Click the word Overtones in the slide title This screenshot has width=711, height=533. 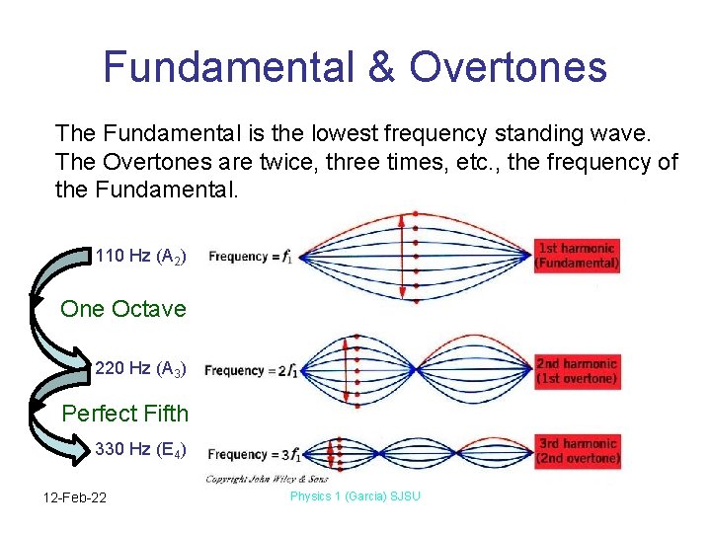pyautogui.click(x=509, y=66)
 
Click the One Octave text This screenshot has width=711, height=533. pyautogui.click(x=123, y=309)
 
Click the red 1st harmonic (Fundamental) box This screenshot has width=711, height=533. pyautogui.click(x=577, y=256)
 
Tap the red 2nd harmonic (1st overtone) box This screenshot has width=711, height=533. pyautogui.click(x=577, y=370)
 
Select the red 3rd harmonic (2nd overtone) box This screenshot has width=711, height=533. pyautogui.click(x=577, y=451)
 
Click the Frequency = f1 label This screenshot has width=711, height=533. pyautogui.click(x=251, y=257)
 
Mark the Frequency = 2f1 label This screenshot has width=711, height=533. pyautogui.click(x=248, y=371)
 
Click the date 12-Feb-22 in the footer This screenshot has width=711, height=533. pyautogui.click(x=75, y=496)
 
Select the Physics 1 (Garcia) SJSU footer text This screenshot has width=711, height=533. pyautogui.click(x=355, y=495)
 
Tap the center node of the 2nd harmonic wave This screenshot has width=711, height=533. pyautogui.click(x=419, y=370)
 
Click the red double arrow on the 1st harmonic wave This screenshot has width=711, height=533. pyautogui.click(x=403, y=257)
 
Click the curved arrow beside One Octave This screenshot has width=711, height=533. pyautogui.click(x=44, y=311)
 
